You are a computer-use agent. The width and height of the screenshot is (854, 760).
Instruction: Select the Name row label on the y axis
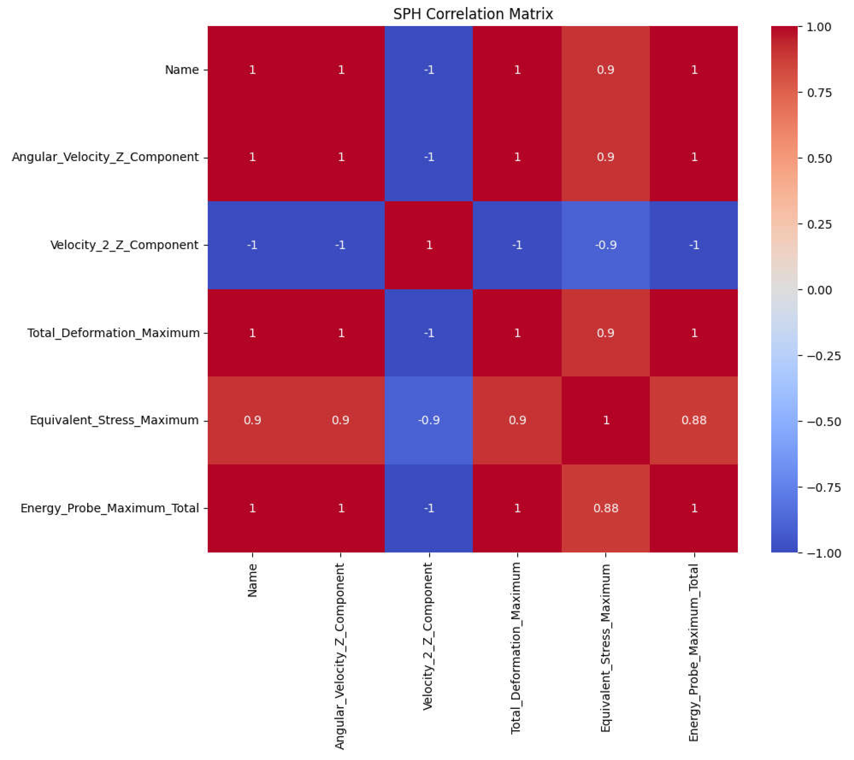182,70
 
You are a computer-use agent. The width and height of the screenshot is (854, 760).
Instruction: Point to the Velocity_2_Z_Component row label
124,245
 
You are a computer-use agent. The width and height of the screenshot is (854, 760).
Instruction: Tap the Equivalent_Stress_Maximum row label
114,420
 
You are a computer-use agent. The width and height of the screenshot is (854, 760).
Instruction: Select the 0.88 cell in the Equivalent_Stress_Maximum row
694,420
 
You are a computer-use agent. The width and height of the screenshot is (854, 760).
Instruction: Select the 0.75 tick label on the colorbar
819,93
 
